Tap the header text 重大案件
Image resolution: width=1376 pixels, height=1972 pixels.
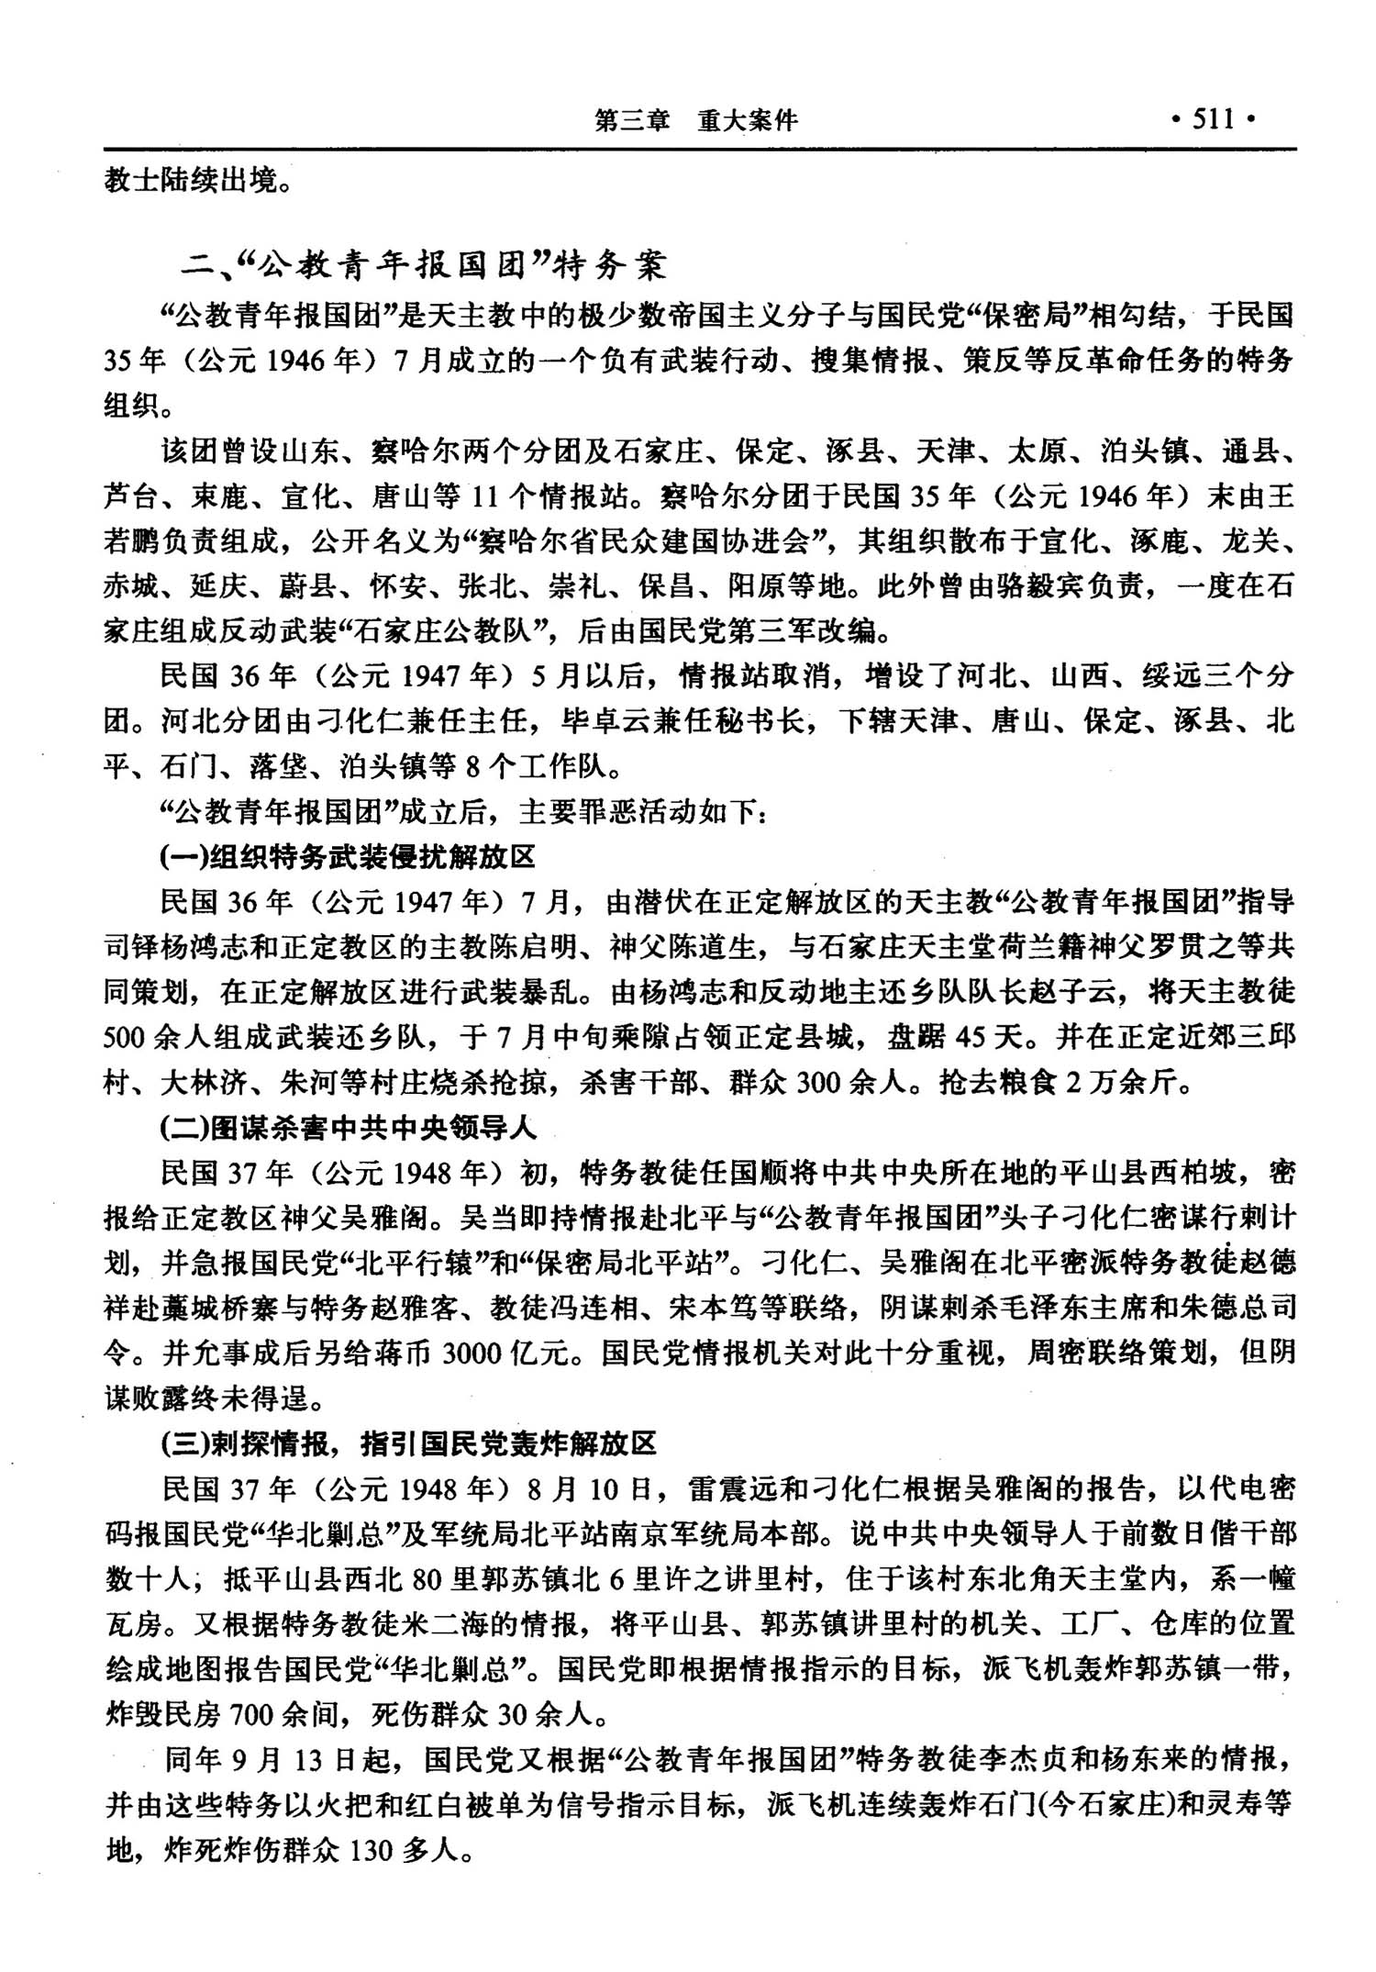[x=747, y=120]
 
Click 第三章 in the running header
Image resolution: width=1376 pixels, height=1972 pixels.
[x=632, y=120]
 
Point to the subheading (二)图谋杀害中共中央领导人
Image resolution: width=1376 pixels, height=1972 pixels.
[x=348, y=1127]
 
